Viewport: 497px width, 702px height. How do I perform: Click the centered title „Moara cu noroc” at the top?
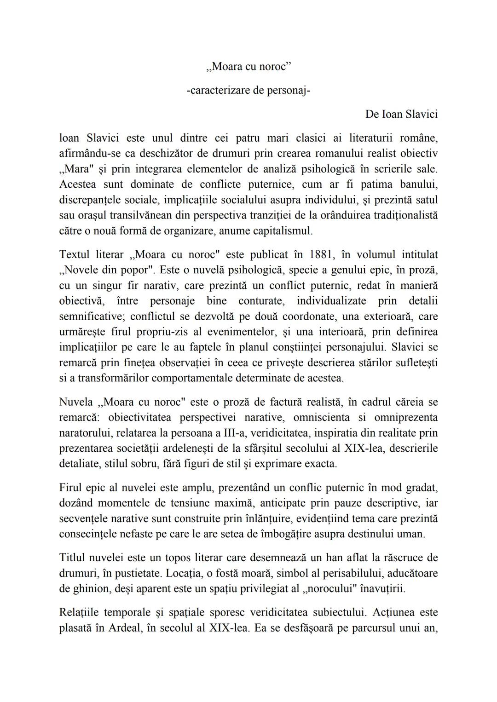248,67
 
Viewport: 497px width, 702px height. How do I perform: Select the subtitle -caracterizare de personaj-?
248,91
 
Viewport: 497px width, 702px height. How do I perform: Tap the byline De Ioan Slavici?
401,114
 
